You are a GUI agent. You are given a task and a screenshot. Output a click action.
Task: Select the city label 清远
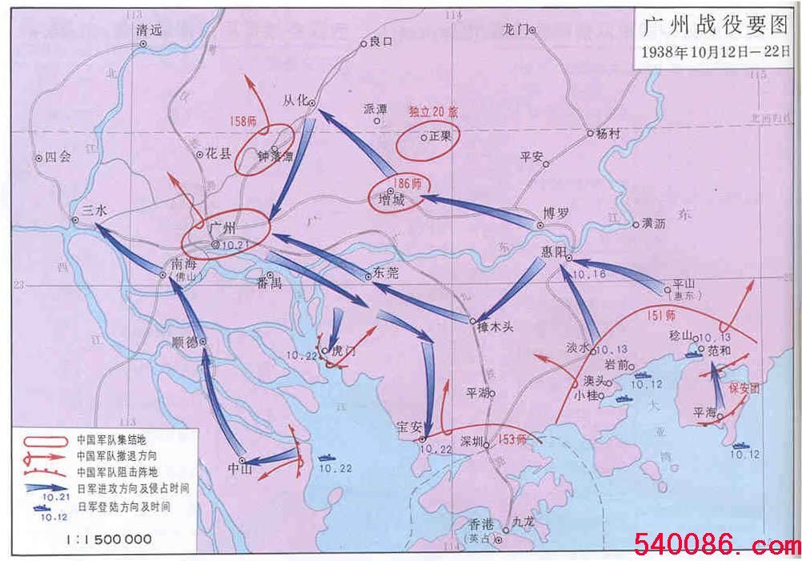149,30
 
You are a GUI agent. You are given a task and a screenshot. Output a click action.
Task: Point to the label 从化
295,101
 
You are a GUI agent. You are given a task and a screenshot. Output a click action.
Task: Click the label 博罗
555,213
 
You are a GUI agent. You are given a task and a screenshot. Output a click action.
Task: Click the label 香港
485,524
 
